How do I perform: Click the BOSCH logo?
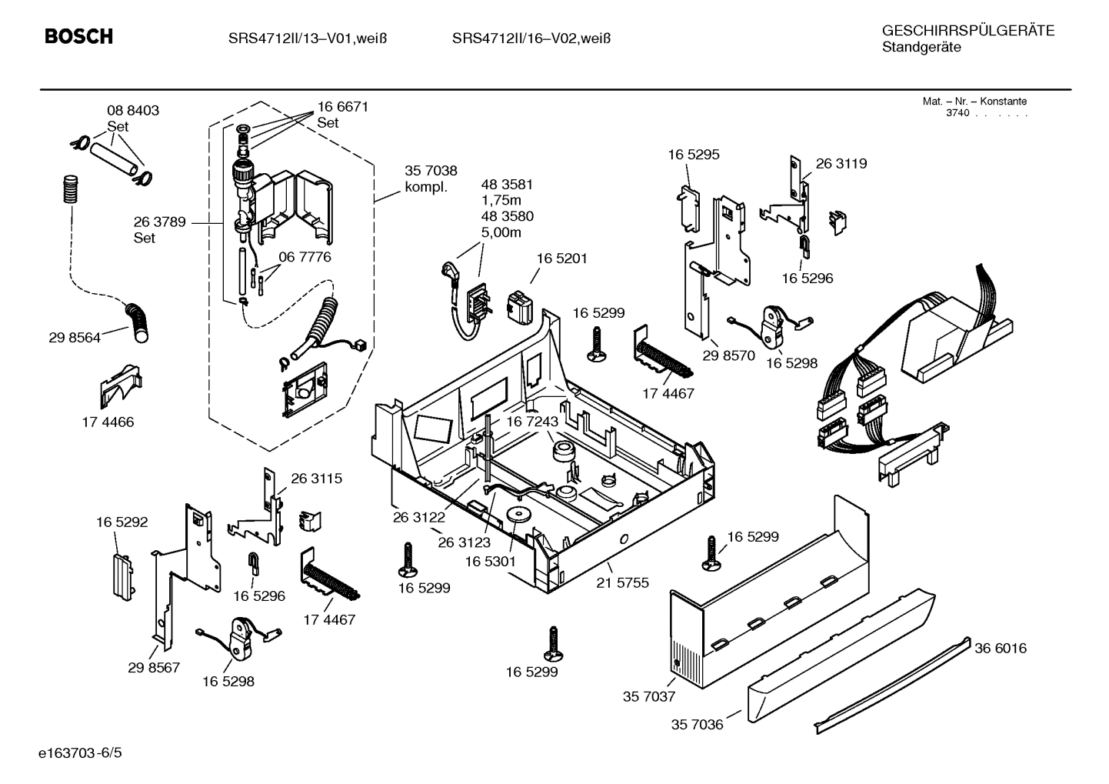pos(78,36)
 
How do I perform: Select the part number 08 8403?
pos(133,111)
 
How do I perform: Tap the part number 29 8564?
pos(75,338)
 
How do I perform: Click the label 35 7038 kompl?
pos(431,178)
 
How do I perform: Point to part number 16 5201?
pos(561,259)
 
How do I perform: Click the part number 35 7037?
pos(648,697)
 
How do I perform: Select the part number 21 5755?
pos(622,582)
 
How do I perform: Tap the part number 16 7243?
pos(531,422)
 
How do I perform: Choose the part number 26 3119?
pos(841,163)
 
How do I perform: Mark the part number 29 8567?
pos(154,667)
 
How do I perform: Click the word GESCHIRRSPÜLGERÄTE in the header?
pos(967,31)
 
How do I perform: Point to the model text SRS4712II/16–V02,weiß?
pos(531,38)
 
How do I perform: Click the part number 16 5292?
pos(122,522)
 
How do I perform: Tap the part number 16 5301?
pos(490,562)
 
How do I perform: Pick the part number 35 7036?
pos(697,724)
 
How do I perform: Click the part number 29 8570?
pos(728,355)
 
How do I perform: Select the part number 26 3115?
pos(316,478)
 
